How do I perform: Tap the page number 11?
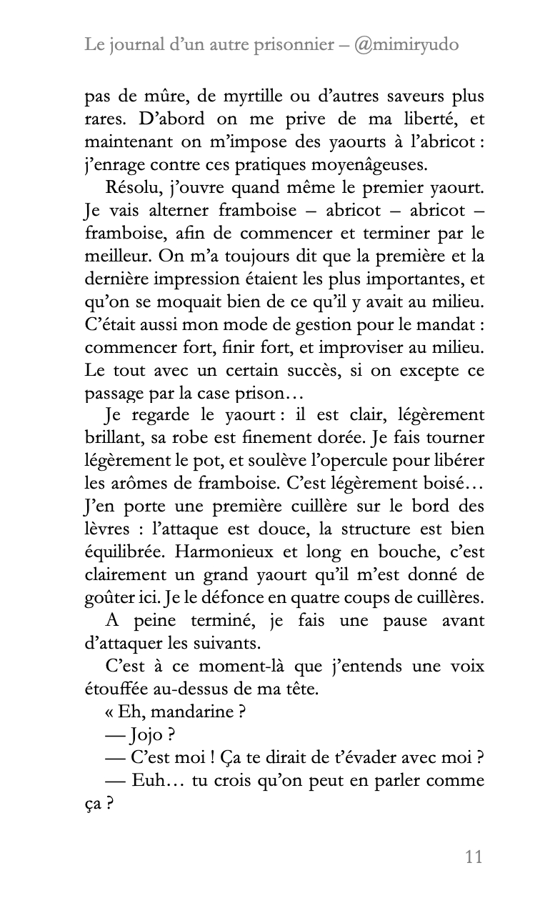tap(474, 857)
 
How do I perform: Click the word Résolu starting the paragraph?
tap(131, 188)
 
